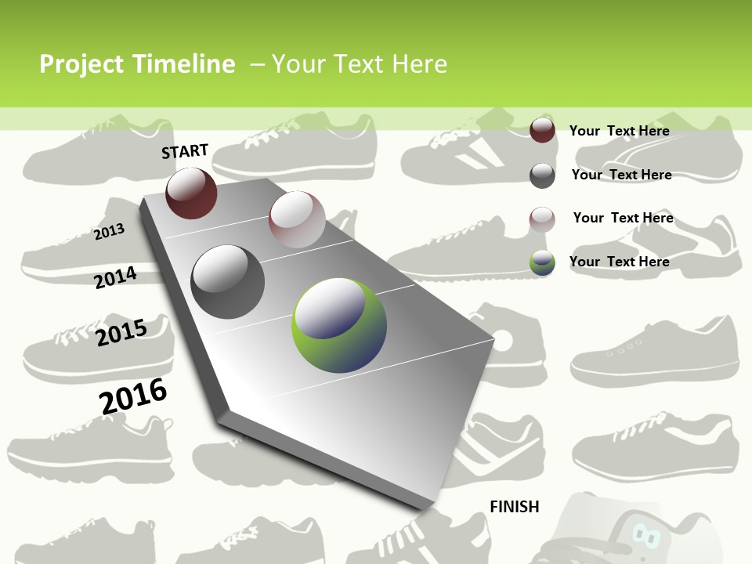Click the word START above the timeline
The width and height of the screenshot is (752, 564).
pyautogui.click(x=185, y=151)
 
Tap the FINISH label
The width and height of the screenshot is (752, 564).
pyautogui.click(x=515, y=507)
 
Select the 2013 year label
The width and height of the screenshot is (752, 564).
pyautogui.click(x=109, y=232)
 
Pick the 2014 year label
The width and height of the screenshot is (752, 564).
pyautogui.click(x=116, y=277)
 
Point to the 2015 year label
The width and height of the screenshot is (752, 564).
pyautogui.click(x=121, y=332)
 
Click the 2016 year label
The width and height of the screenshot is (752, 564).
pyautogui.click(x=133, y=396)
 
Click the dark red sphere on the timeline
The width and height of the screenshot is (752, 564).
pyautogui.click(x=191, y=193)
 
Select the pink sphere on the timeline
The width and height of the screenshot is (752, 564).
pyautogui.click(x=297, y=219)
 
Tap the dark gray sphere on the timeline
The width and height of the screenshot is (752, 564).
pyautogui.click(x=228, y=281)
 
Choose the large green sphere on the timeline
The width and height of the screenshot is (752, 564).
pyautogui.click(x=339, y=324)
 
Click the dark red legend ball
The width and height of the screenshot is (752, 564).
pyautogui.click(x=542, y=130)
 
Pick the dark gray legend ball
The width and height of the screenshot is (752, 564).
pyautogui.click(x=542, y=175)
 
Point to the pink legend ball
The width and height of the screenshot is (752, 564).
pyautogui.click(x=542, y=219)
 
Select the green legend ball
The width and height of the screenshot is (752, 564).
pyautogui.click(x=542, y=262)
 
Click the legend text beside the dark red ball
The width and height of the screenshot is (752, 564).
pyautogui.click(x=619, y=131)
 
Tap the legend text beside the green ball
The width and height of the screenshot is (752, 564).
pyautogui.click(x=619, y=262)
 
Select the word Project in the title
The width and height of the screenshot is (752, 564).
pyautogui.click(x=81, y=64)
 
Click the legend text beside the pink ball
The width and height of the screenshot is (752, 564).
pyautogui.click(x=623, y=218)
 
